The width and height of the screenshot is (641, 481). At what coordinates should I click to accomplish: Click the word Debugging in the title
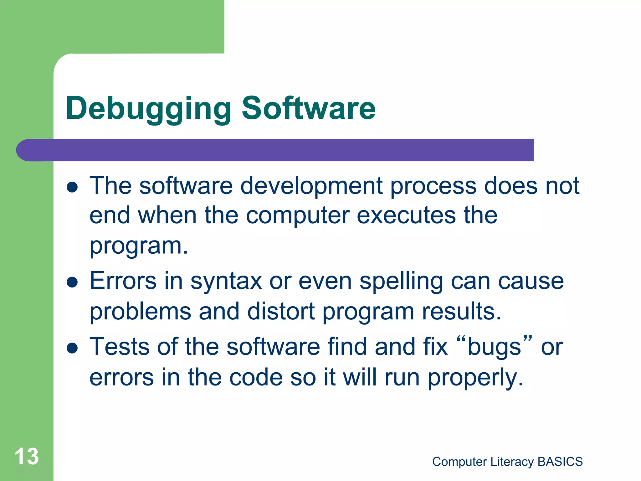click(x=148, y=108)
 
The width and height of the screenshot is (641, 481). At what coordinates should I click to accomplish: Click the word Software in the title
click(x=308, y=108)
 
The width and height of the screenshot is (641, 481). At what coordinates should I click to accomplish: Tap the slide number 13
click(x=27, y=456)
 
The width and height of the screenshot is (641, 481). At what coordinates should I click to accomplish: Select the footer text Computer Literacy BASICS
click(x=507, y=462)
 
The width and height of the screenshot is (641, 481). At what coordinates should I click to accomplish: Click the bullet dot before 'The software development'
click(x=72, y=187)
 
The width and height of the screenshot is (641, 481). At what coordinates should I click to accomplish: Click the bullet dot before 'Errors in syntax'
click(x=72, y=282)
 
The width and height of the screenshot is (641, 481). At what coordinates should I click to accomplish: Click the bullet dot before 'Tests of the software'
click(x=72, y=348)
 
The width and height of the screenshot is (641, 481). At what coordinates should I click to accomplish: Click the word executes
click(x=406, y=216)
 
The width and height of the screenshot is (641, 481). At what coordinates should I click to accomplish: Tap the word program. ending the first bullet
click(x=139, y=246)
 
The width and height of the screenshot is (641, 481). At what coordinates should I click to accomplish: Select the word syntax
click(x=226, y=281)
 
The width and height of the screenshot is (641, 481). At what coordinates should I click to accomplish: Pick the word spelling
click(x=401, y=281)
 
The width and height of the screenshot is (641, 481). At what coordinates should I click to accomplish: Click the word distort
click(x=281, y=312)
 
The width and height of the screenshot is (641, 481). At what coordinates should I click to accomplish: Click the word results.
click(x=461, y=312)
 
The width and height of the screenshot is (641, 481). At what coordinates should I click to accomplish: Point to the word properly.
click(x=475, y=378)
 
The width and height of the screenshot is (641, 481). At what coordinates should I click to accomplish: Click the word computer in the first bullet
click(x=297, y=216)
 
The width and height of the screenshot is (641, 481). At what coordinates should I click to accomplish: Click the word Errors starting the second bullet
click(x=123, y=281)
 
